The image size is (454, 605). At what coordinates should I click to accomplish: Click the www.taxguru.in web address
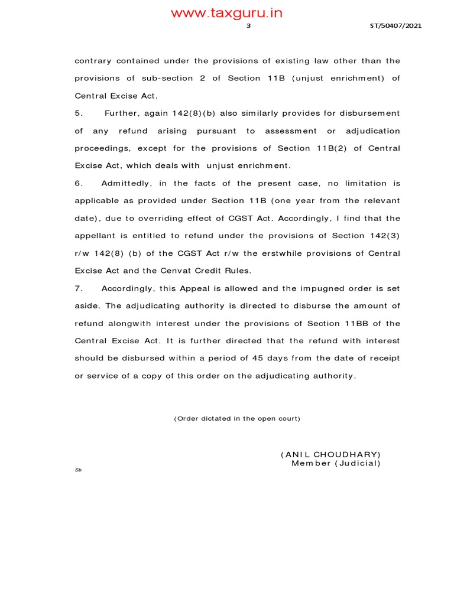[x=226, y=14]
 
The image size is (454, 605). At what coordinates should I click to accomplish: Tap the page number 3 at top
[x=249, y=26]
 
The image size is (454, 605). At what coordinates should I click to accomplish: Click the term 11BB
[x=354, y=324]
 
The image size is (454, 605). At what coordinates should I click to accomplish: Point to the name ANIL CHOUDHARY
[x=330, y=454]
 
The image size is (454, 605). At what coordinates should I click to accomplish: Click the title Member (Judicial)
[x=336, y=463]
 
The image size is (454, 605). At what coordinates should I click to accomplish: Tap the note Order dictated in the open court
[x=237, y=419]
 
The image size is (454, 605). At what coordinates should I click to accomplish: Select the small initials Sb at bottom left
[x=77, y=470]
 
